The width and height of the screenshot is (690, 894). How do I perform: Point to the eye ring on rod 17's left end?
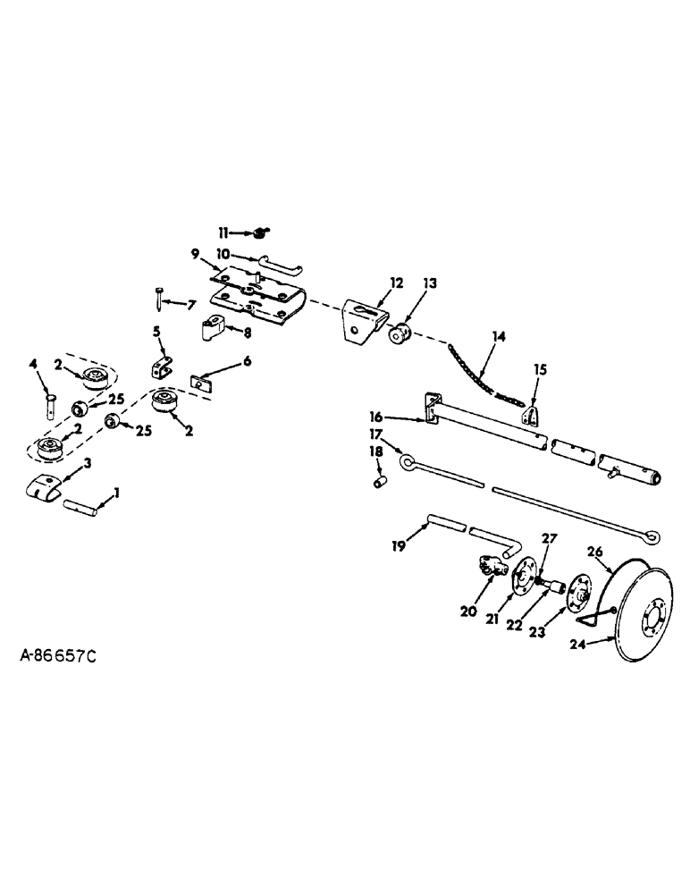[407, 464]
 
